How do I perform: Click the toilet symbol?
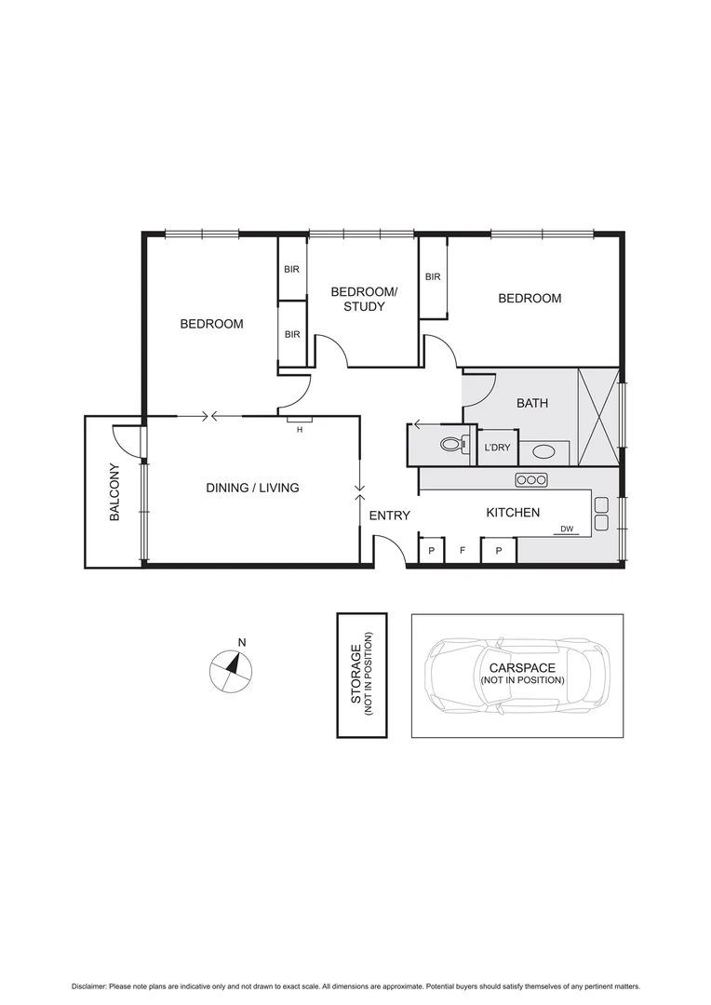point(451,445)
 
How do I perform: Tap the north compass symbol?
point(230,671)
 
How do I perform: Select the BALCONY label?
point(114,491)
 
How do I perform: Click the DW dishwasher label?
point(566,529)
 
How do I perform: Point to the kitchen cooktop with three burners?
point(531,479)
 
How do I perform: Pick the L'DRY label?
point(497,448)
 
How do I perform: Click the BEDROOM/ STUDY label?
point(364,299)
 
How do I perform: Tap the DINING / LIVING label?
point(252,488)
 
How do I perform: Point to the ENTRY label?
point(389,516)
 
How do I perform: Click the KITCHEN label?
point(513,513)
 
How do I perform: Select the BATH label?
point(532,404)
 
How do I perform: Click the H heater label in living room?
point(300,429)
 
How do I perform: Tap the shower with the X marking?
point(597,416)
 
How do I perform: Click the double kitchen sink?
point(601,513)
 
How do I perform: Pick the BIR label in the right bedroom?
point(433,276)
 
